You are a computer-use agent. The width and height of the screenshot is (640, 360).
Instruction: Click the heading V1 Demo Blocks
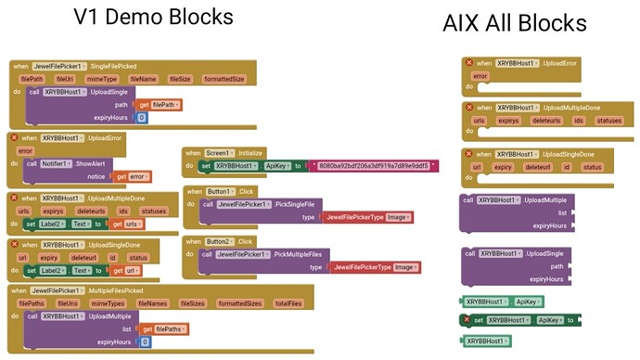tap(153, 18)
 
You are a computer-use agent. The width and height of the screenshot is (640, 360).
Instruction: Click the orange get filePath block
tap(160, 105)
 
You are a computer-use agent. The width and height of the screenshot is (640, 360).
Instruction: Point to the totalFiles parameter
tap(288, 302)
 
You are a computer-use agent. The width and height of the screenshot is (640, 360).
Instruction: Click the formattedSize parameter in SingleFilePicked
tap(224, 79)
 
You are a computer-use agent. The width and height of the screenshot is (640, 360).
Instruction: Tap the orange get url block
tap(128, 270)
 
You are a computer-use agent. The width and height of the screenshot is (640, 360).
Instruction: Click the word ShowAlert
tap(110, 163)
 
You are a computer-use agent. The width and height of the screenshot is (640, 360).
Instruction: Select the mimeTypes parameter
tap(108, 302)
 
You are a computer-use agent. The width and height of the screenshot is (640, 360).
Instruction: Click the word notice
tap(96, 176)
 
